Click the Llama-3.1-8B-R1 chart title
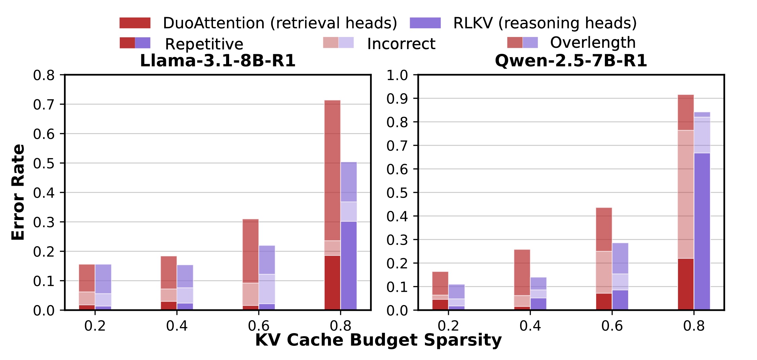tap(218, 61)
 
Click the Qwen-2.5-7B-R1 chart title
tap(571, 61)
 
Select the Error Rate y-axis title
tap(18, 192)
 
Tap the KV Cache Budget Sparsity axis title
tap(378, 340)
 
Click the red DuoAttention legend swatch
tap(135, 23)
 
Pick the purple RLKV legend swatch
tap(425, 23)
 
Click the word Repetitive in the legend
tap(204, 44)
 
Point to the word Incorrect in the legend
tap(401, 44)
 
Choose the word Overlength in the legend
tap(593, 42)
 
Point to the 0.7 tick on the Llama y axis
tap(44, 105)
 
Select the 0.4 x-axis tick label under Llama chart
tap(177, 326)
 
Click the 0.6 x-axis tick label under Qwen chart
tap(612, 326)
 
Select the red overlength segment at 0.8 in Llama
tap(332, 170)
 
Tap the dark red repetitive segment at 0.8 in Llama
tap(332, 283)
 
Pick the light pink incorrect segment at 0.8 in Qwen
tap(686, 194)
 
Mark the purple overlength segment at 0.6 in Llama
tap(267, 260)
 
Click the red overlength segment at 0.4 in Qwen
tap(522, 273)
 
